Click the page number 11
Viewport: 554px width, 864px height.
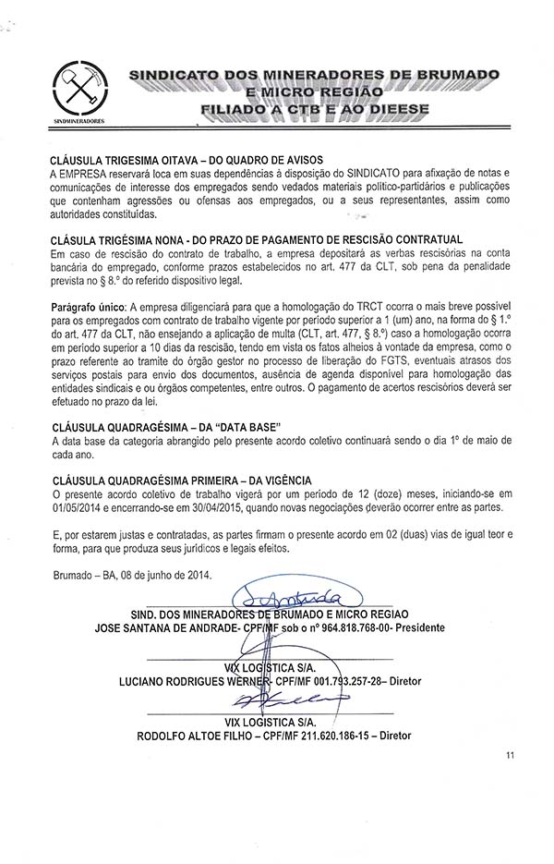tap(510, 755)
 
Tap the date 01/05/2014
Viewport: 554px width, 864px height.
tap(79, 506)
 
